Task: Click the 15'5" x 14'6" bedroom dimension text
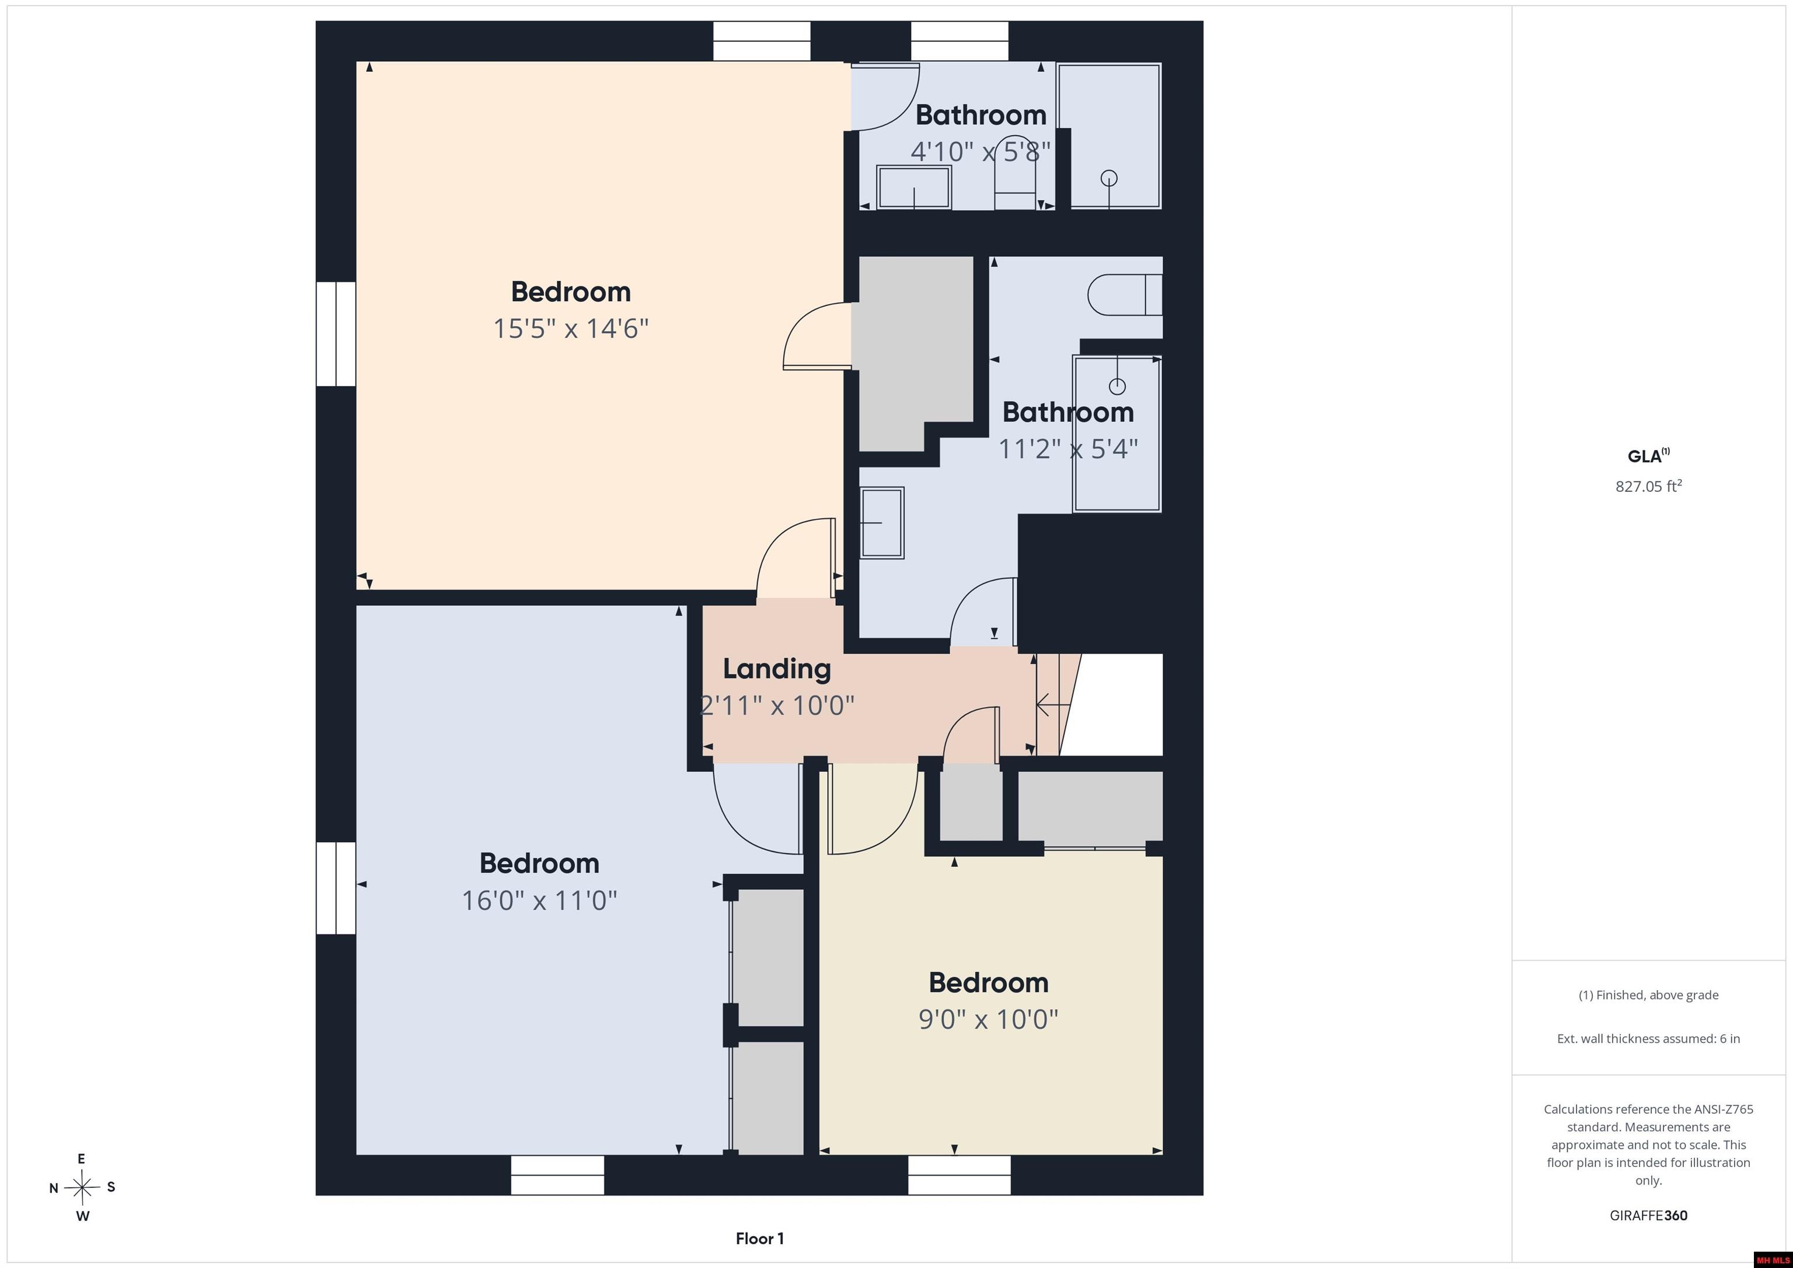point(571,329)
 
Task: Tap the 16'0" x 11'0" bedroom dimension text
point(540,901)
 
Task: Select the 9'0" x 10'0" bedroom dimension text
point(989,1019)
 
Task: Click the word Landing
point(777,669)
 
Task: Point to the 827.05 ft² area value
point(1648,485)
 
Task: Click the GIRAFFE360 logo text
point(1648,1215)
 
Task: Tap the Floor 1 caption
point(760,1238)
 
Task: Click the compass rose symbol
point(82,1187)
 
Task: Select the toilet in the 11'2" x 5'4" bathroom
point(1125,295)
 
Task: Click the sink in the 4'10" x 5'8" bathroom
point(913,187)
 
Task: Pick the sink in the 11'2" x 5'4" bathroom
point(882,522)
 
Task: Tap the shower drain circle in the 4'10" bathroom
point(1109,178)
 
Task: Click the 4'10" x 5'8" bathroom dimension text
point(981,152)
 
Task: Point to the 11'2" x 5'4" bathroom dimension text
point(1068,449)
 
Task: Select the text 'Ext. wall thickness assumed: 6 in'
point(1648,1039)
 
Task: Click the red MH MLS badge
point(1772,1259)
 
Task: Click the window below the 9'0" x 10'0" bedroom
point(959,1175)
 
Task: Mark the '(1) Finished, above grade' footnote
point(1648,995)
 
